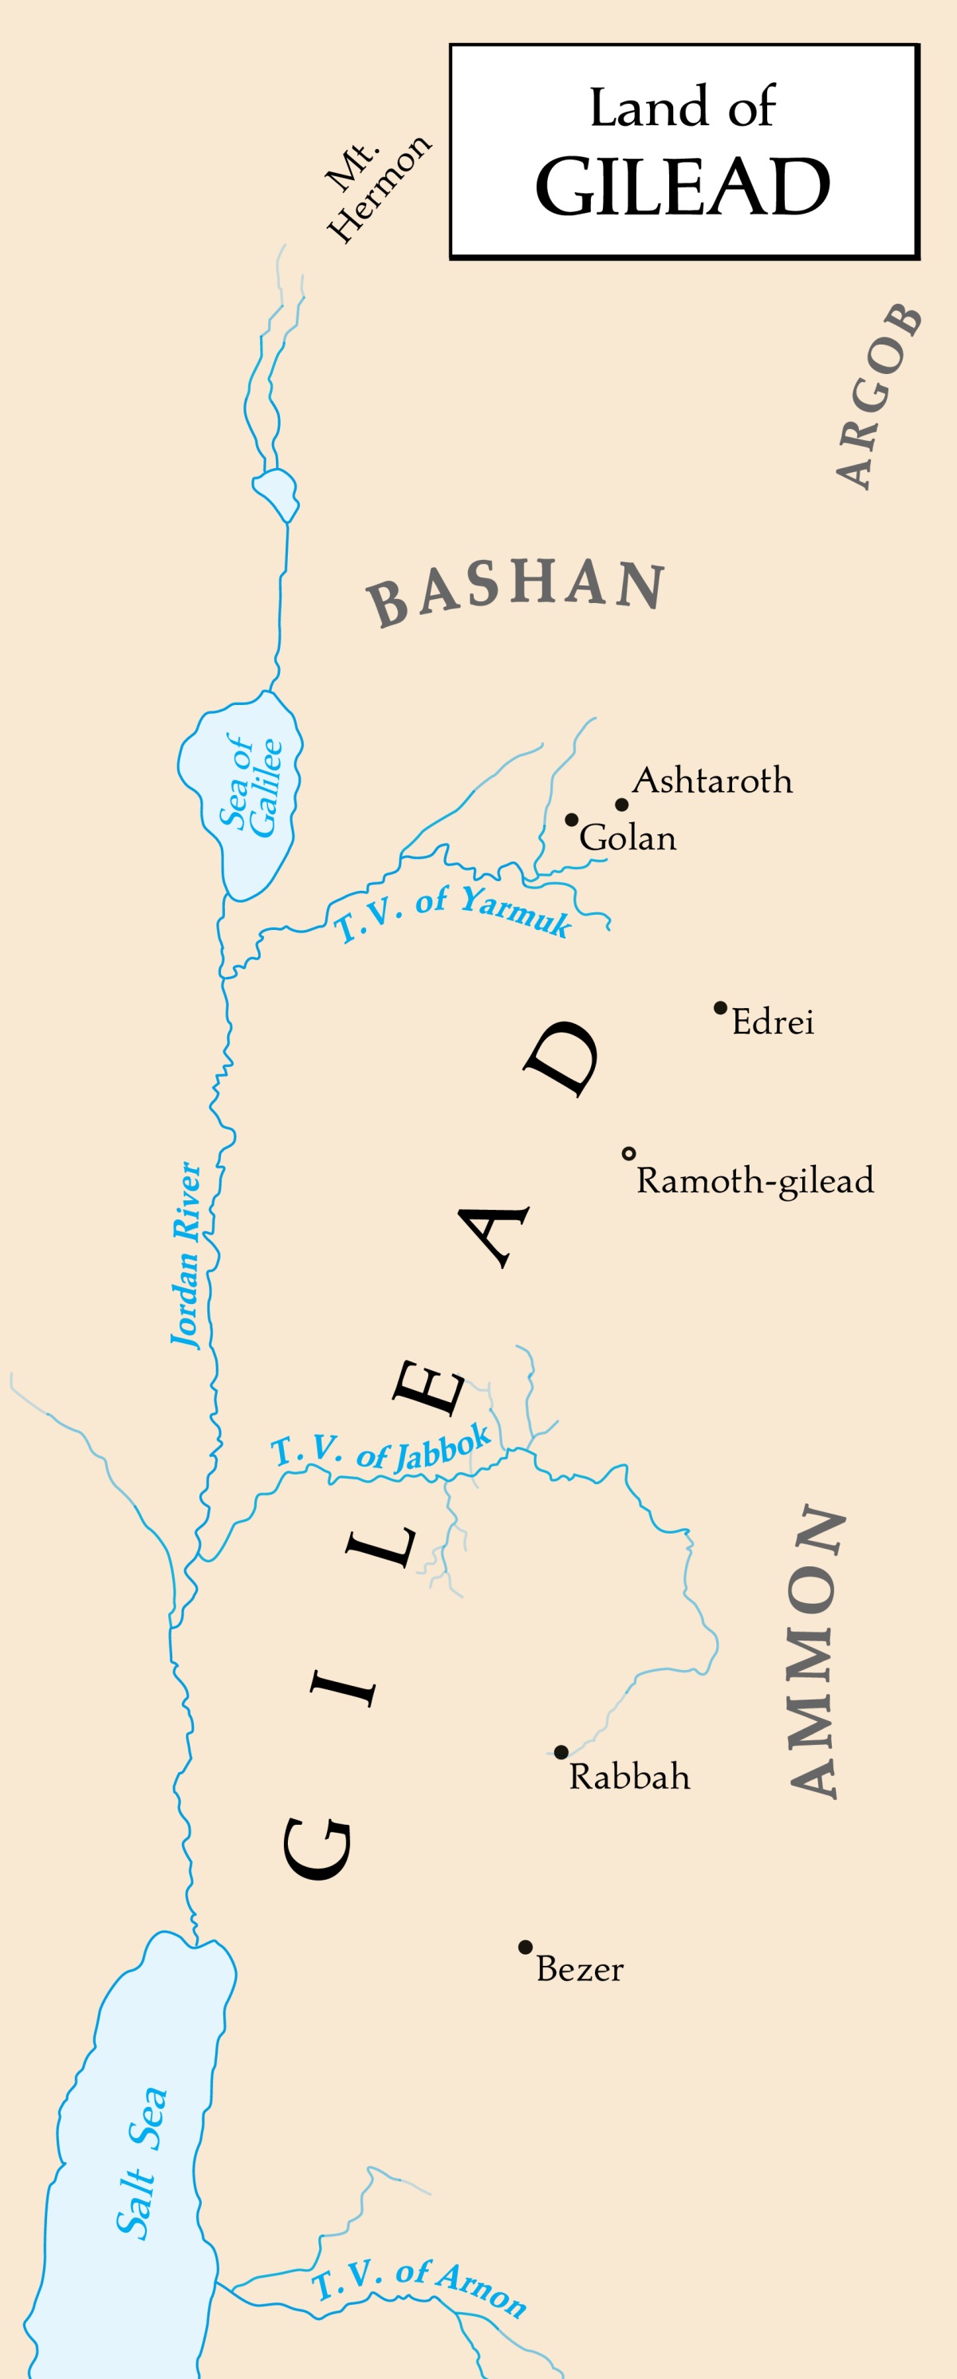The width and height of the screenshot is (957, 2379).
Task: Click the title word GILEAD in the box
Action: click(x=683, y=187)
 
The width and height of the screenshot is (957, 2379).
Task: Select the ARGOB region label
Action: click(x=879, y=396)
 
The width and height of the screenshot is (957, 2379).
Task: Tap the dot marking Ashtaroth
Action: click(x=622, y=805)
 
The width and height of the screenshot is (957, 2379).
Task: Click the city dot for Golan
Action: click(x=572, y=819)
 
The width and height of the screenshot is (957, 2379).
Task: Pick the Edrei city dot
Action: click(x=720, y=1007)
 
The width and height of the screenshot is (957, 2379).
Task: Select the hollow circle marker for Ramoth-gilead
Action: click(x=629, y=1153)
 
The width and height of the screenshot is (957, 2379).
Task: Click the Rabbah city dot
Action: click(x=561, y=1752)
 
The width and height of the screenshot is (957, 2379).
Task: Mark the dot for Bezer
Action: click(x=525, y=1947)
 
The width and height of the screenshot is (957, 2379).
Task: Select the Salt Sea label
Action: click(x=142, y=2162)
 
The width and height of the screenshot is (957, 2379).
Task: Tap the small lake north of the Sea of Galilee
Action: click(x=275, y=492)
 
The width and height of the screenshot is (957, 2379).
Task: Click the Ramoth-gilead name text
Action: click(x=754, y=1181)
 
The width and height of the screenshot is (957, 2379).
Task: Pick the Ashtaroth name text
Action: click(x=712, y=782)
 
